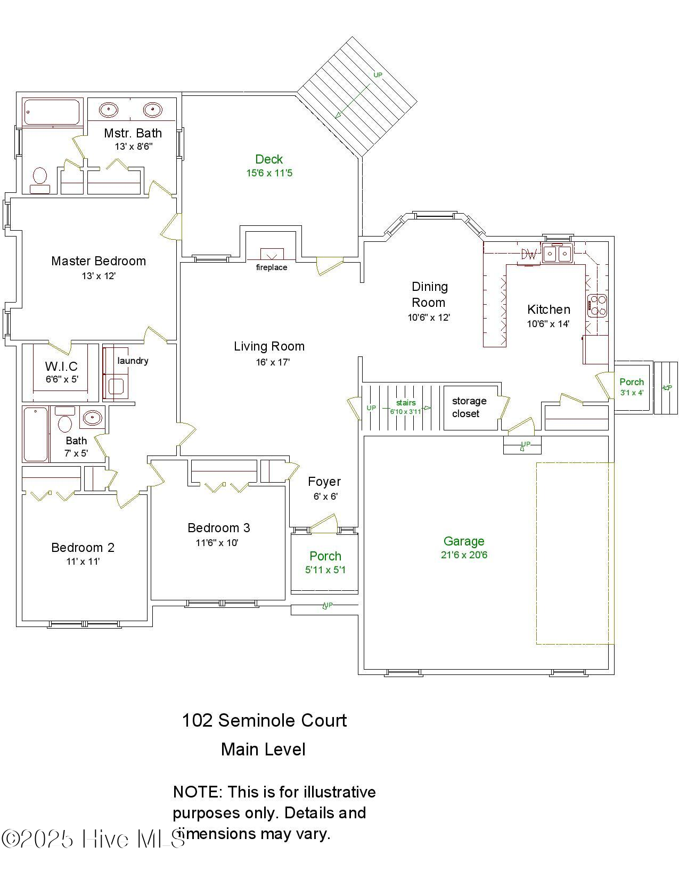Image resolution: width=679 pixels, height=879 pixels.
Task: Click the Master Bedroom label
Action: click(x=99, y=261)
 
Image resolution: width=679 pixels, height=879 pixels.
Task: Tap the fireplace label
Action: click(x=271, y=267)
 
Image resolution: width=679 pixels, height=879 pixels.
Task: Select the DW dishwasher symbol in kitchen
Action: click(x=529, y=255)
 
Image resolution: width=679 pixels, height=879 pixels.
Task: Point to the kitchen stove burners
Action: click(x=598, y=306)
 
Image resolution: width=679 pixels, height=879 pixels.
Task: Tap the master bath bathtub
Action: click(x=52, y=112)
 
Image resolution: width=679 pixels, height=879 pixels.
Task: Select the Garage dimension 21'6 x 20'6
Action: click(x=463, y=555)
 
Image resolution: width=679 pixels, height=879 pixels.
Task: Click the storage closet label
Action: click(x=469, y=407)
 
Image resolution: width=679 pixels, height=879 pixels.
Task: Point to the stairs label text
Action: click(x=405, y=403)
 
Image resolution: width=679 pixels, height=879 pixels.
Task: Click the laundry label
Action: click(x=133, y=361)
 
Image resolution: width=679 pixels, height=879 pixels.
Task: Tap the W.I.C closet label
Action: click(x=61, y=366)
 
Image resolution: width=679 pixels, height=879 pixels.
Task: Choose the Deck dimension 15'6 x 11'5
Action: click(x=269, y=173)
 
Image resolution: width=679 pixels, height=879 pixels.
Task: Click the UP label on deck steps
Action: click(x=378, y=75)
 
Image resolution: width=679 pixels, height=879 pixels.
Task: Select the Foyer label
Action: click(x=324, y=482)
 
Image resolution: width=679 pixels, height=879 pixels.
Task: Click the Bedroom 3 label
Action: click(x=218, y=528)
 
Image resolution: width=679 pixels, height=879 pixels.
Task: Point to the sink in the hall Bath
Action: click(x=93, y=418)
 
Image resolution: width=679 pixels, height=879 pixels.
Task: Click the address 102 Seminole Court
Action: click(x=264, y=720)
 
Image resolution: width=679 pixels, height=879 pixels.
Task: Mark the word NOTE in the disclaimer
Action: click(x=197, y=792)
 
